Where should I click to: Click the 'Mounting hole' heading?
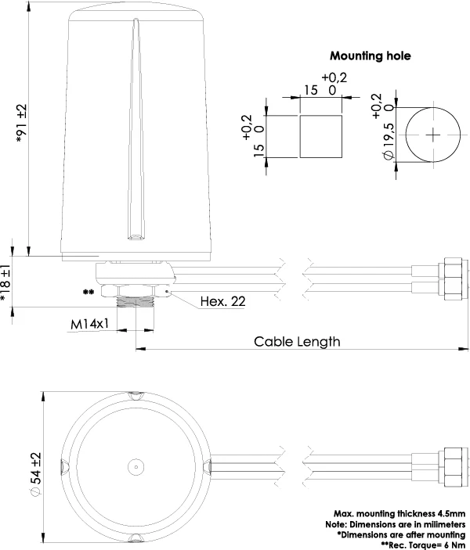click(x=370, y=56)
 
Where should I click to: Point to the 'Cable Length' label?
click(x=297, y=341)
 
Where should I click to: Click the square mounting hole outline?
click(x=322, y=135)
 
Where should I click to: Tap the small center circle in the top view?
click(x=136, y=468)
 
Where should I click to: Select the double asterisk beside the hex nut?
click(x=89, y=292)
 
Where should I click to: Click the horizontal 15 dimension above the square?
click(x=311, y=90)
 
